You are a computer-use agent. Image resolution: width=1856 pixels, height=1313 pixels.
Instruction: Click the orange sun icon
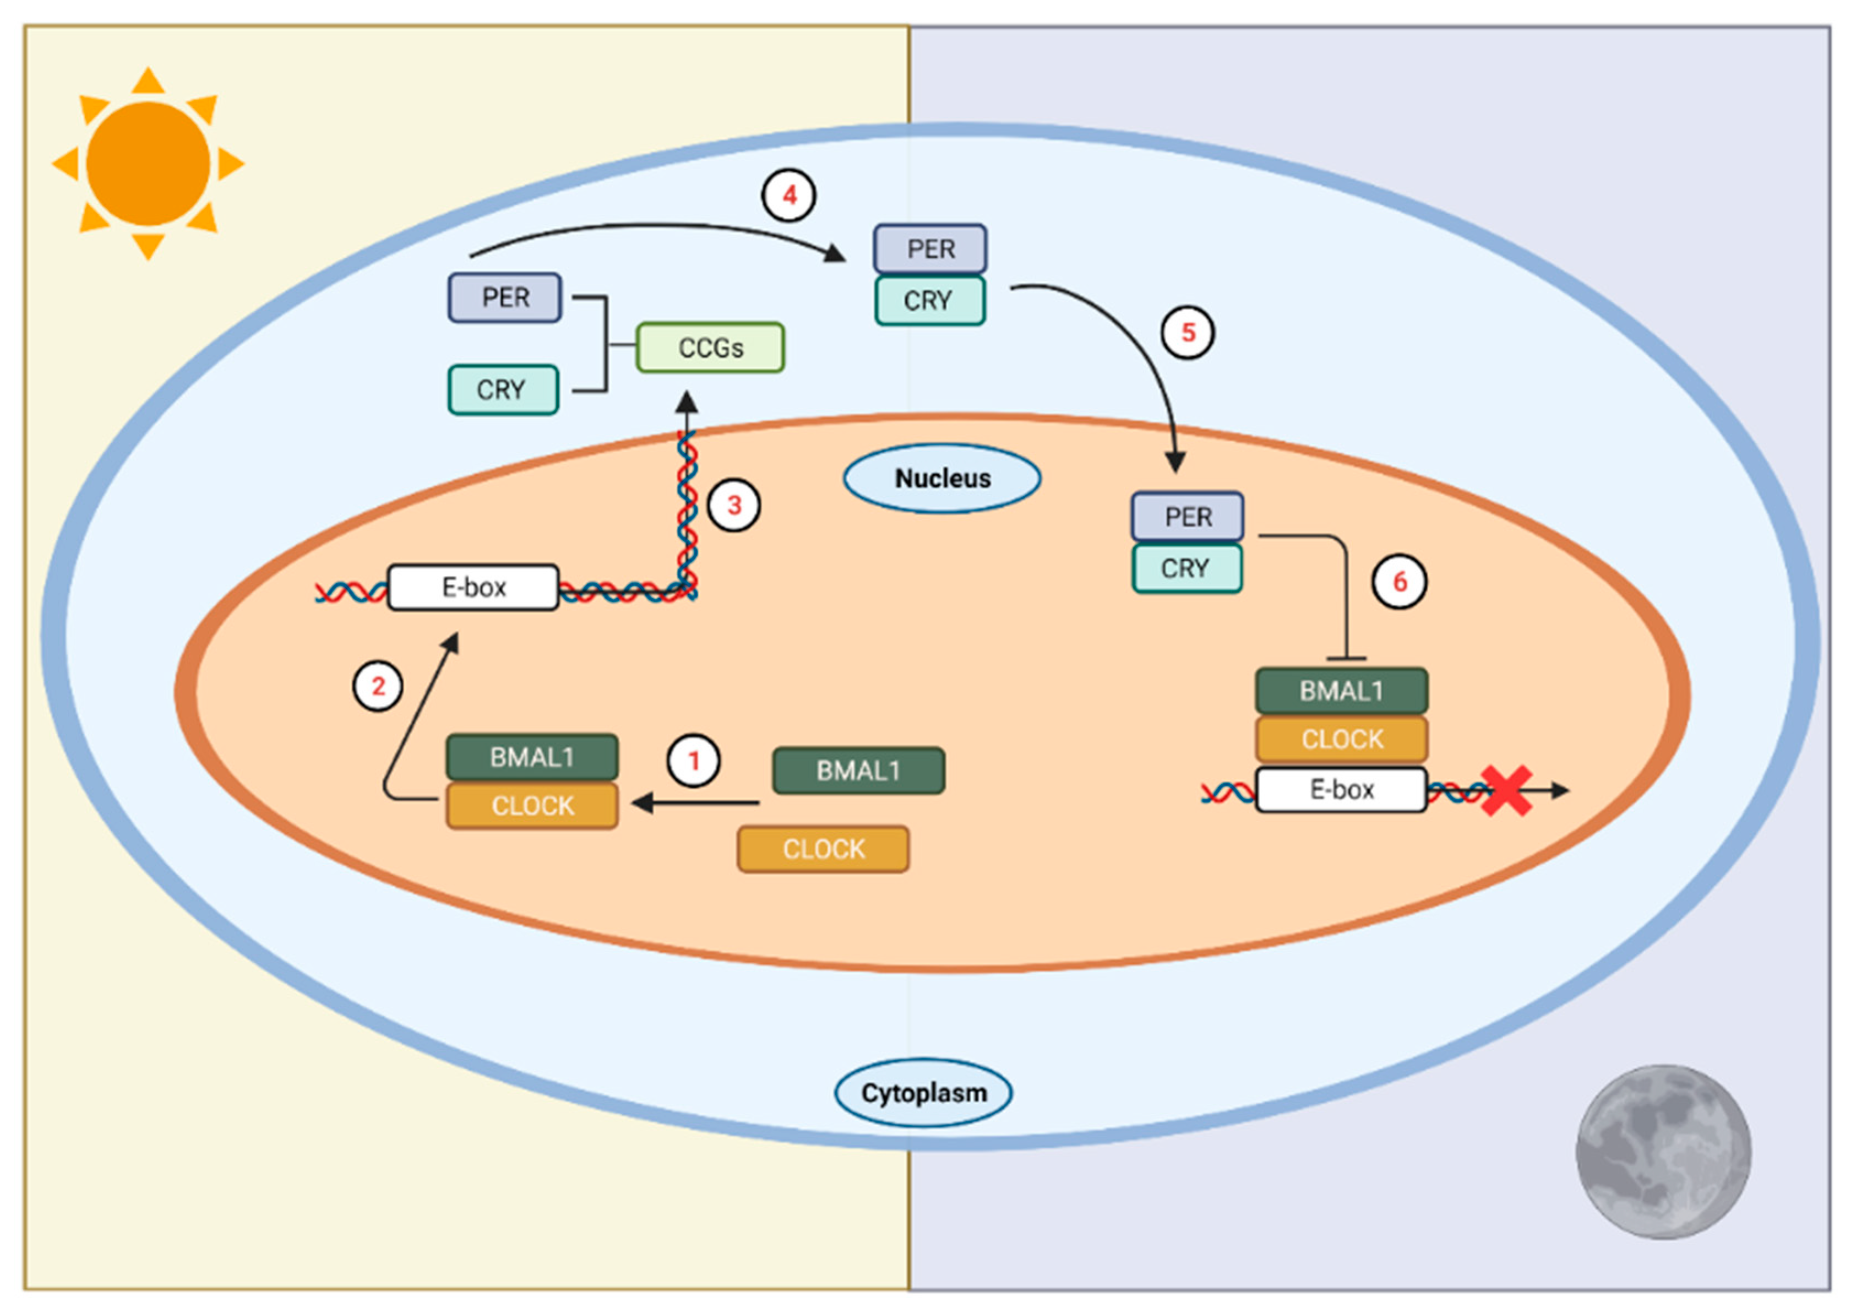point(148,164)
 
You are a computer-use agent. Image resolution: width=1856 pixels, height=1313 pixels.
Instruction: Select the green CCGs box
point(710,348)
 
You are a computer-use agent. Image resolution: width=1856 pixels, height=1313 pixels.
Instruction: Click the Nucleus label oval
point(941,478)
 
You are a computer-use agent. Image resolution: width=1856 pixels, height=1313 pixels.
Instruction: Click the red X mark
point(1506,790)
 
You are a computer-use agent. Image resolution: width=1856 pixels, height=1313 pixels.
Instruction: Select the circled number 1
point(693,761)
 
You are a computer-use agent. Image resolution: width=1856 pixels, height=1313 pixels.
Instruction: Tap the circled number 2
point(378,686)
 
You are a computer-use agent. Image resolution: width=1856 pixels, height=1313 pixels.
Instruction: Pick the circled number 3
point(733,505)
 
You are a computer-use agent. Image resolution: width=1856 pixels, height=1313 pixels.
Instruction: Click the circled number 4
point(789,195)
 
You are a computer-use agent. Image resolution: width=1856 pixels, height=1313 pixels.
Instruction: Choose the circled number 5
point(1188,332)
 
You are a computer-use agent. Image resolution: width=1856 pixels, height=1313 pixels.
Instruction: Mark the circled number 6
point(1399,581)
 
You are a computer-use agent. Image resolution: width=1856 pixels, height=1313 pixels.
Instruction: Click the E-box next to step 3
point(473,587)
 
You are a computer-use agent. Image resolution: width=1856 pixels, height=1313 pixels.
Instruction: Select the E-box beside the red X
point(1341,789)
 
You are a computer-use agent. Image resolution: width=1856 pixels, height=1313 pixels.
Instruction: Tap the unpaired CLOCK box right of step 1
point(823,849)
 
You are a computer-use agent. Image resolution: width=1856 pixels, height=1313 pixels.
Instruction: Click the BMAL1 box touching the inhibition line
point(1341,691)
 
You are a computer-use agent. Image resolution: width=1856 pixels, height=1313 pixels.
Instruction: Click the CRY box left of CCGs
point(503,390)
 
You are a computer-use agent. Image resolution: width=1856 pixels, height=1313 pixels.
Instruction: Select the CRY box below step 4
point(929,301)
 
